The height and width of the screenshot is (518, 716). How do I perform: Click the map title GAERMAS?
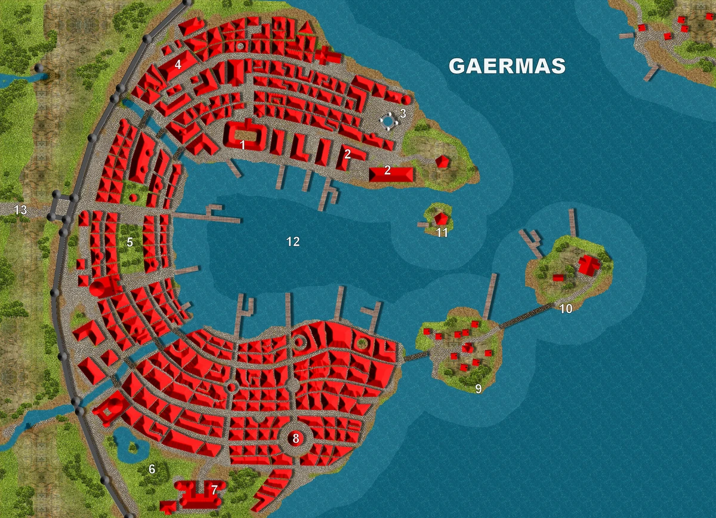(x=507, y=66)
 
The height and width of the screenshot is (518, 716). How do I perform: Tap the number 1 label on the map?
(x=243, y=145)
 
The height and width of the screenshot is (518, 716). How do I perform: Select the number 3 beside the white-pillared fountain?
(x=403, y=113)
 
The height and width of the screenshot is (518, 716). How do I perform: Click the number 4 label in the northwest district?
(x=178, y=65)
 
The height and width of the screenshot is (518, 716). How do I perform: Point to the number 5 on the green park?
(x=129, y=243)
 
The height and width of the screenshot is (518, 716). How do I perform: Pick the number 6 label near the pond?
(x=152, y=470)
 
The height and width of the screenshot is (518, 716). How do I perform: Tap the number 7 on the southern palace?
(x=214, y=490)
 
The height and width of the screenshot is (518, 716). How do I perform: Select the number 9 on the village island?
(x=478, y=388)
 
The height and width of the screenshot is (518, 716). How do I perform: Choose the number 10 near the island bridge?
(x=566, y=308)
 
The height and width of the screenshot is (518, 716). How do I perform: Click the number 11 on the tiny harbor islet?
(x=442, y=233)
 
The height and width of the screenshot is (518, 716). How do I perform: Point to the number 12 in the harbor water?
(x=292, y=242)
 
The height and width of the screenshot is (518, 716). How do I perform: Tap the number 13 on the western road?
(x=21, y=210)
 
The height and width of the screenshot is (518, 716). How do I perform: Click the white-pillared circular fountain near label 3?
(x=388, y=121)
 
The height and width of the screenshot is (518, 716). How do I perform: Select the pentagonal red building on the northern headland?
(x=442, y=161)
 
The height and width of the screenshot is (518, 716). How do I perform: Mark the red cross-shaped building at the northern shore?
(x=326, y=57)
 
